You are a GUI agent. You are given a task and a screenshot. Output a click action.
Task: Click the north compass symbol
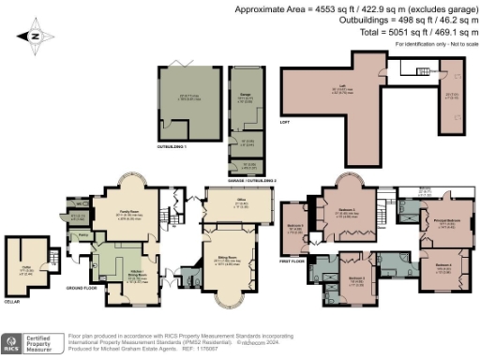tap(35, 37)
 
